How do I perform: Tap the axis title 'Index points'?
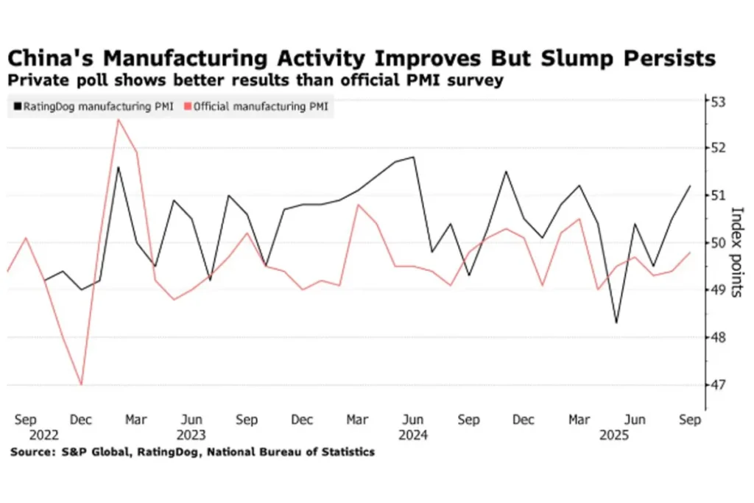pos(736,243)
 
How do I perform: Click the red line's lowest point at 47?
pos(81,384)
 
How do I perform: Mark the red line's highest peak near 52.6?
pos(118,119)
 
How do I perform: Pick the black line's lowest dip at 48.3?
pos(616,323)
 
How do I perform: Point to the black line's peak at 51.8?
pos(413,157)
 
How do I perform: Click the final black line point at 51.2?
pos(689,186)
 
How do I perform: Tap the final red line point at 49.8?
pos(689,253)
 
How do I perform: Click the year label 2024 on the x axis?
pos(414,435)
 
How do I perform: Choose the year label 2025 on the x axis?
pos(616,435)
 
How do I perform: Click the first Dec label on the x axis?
pos(81,420)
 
